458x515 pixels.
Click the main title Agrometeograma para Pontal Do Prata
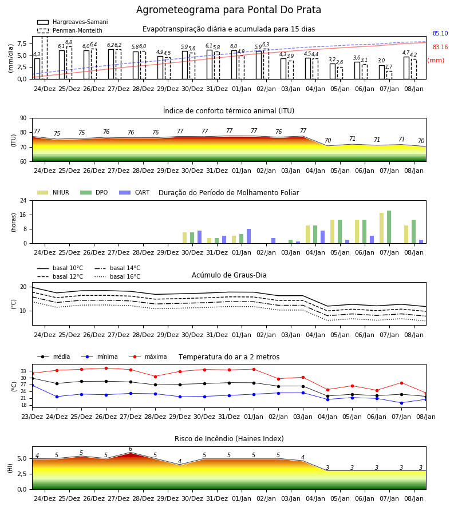coord(228,10)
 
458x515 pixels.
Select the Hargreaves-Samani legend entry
coord(72,22)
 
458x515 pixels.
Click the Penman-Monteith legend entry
coord(70,30)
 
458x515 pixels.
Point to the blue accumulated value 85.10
coord(440,34)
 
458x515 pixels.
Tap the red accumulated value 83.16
coord(440,47)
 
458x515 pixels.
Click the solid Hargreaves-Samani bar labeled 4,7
coord(406,68)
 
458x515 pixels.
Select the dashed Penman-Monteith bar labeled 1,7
coord(389,75)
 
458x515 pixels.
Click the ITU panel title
coord(228,111)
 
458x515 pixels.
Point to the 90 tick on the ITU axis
coord(23,118)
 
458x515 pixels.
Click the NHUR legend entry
coord(53,192)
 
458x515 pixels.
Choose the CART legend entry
coord(135,192)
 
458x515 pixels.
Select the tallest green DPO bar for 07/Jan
coord(389,227)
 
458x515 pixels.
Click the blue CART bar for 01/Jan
coord(248,236)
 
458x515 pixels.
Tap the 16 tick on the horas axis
coord(24,215)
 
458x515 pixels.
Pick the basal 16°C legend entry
coord(117,277)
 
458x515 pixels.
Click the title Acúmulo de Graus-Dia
coord(229,275)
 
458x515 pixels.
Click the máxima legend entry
coord(148,356)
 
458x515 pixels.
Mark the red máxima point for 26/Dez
coord(106,368)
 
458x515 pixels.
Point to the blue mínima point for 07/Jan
coord(401,403)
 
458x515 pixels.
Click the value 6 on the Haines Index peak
coord(131,449)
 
